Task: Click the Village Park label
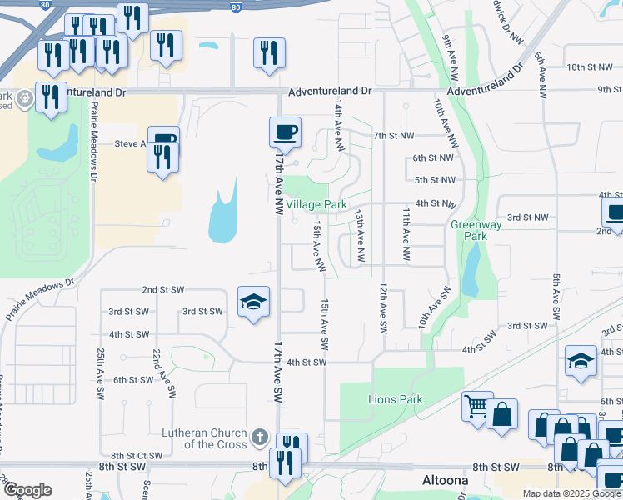click(x=316, y=204)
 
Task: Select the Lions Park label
click(x=396, y=399)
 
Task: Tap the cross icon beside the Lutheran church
click(x=260, y=437)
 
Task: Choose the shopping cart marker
click(x=477, y=407)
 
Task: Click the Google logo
click(x=27, y=489)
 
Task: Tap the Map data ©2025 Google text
click(x=571, y=493)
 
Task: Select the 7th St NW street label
click(x=393, y=135)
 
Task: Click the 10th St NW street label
click(x=588, y=67)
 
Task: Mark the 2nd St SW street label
click(x=162, y=290)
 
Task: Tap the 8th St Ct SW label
click(x=137, y=455)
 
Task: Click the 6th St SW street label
click(x=133, y=380)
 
